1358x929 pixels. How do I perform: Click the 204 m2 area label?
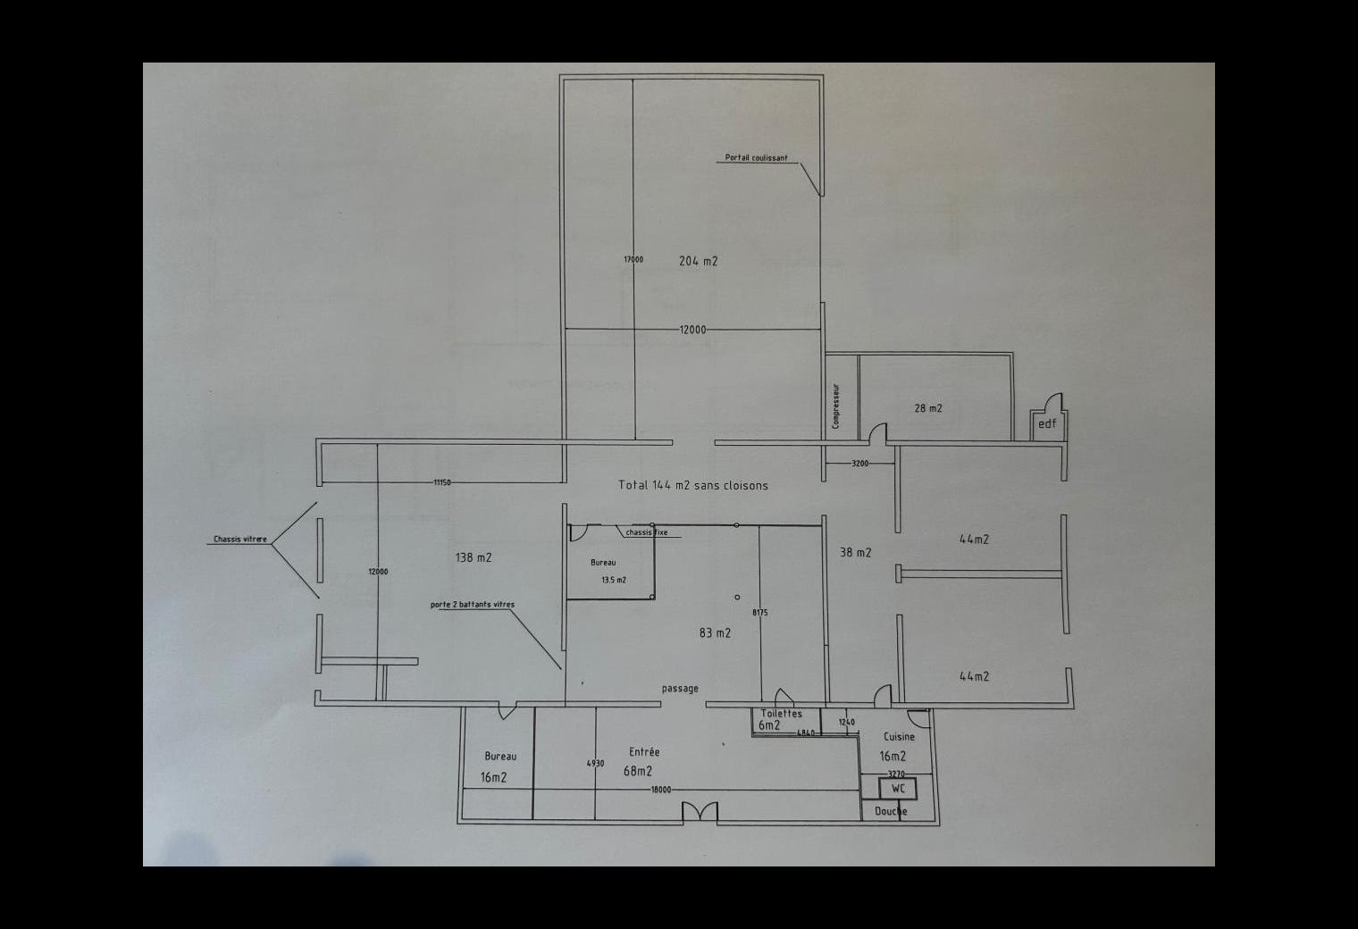point(698,261)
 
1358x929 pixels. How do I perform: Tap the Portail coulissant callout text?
point(756,158)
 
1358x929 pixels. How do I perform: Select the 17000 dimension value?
point(633,260)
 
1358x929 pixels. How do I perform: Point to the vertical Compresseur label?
point(835,406)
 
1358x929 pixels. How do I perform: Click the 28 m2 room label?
point(927,408)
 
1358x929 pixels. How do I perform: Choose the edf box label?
point(1046,423)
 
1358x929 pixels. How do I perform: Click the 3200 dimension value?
point(859,464)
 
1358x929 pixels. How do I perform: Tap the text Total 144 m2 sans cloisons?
point(692,485)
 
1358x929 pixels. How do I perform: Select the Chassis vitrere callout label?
point(239,540)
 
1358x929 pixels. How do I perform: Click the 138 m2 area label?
point(473,557)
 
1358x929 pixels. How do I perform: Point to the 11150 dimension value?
point(441,482)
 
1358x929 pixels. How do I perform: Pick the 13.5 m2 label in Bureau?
point(613,580)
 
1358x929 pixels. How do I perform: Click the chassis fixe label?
point(646,532)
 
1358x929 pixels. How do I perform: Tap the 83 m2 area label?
point(714,632)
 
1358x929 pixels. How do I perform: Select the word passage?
point(680,689)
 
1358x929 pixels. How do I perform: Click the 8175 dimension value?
point(759,613)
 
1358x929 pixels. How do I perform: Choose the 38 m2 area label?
point(855,552)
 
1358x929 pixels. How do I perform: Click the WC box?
point(897,789)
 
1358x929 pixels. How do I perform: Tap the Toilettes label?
point(781,714)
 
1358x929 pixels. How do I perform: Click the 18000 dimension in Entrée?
point(660,790)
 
